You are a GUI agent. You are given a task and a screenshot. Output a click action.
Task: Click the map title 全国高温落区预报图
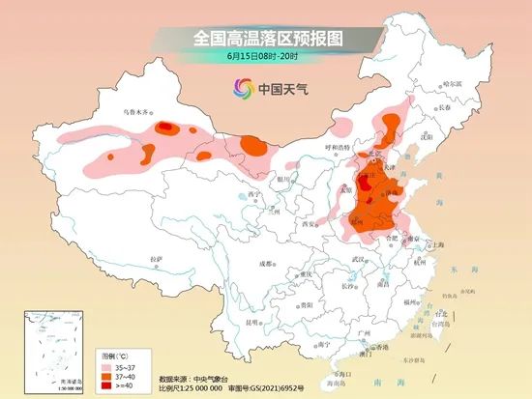pos(267,38)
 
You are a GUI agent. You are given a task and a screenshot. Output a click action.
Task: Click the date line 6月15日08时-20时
pos(267,59)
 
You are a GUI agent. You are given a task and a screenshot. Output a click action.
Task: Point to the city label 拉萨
pos(157,259)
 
